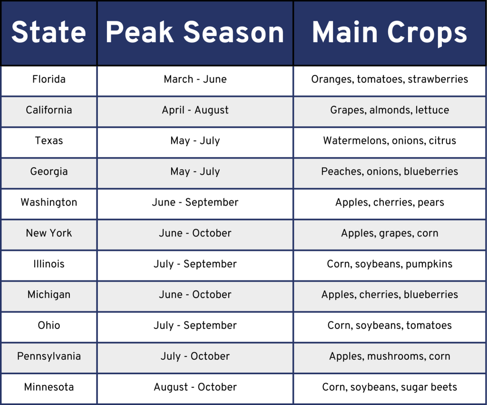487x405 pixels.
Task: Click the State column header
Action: tap(49, 32)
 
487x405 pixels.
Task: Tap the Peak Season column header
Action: tap(195, 32)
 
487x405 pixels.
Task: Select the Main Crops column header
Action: tap(390, 32)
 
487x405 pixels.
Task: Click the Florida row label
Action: tap(49, 79)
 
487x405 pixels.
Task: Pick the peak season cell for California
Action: tap(195, 110)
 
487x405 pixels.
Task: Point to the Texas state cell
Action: tap(49, 141)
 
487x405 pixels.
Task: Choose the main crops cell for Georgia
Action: tap(390, 171)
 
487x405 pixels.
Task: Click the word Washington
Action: tap(49, 202)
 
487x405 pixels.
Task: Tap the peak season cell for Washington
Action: tap(195, 202)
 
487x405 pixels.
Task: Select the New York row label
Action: tap(49, 233)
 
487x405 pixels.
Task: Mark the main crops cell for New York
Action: tap(390, 233)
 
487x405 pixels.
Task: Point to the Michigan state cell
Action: tap(49, 295)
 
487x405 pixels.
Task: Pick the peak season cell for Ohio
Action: tap(195, 326)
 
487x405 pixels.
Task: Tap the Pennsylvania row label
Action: tap(49, 357)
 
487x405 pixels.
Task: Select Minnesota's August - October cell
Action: tap(195, 387)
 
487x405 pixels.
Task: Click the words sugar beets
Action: tap(429, 387)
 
